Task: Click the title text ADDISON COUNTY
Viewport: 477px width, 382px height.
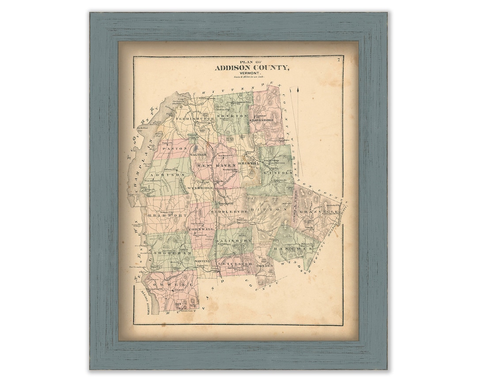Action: pos(252,68)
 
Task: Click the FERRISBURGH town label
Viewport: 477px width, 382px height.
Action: pos(194,119)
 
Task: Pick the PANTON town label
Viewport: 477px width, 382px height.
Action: pos(169,149)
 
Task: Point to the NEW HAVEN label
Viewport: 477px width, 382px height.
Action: pos(216,165)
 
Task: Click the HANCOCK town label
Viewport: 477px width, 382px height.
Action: pos(289,250)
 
